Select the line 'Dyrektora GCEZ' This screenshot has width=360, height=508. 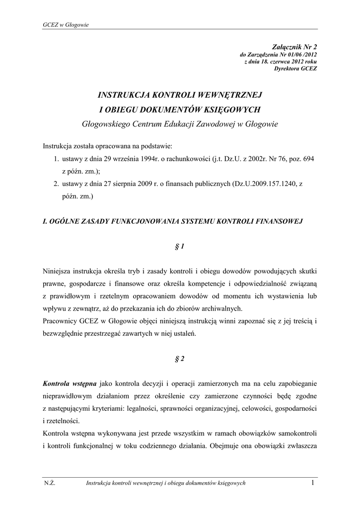(295, 68)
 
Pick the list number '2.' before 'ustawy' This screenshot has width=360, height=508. (57, 184)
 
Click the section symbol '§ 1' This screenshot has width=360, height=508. (180, 247)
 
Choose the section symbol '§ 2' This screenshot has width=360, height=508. (180, 359)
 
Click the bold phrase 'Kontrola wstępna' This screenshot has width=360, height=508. (70, 383)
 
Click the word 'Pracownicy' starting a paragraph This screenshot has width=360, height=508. (61, 320)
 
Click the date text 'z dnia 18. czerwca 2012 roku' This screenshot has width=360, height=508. (281, 61)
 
